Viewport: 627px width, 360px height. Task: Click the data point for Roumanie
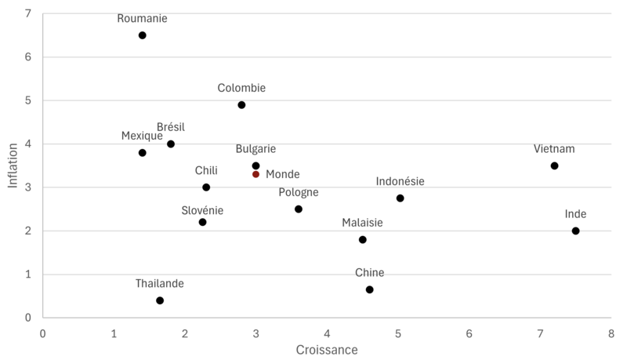(x=142, y=35)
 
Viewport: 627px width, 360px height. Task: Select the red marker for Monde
(x=256, y=174)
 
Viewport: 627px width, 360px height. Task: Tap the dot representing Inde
(x=575, y=231)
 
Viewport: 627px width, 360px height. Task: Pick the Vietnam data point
(x=554, y=165)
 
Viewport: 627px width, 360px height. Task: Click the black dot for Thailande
(x=160, y=300)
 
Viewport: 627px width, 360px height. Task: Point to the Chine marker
(x=369, y=289)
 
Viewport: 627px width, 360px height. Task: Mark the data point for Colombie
(x=241, y=105)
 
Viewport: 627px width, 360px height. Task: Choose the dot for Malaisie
(x=362, y=240)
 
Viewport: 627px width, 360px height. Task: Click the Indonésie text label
(x=400, y=181)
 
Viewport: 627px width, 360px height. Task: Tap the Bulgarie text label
(x=256, y=149)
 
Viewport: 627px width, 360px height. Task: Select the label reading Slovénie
(x=202, y=210)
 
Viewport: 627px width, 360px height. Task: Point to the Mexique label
(x=142, y=136)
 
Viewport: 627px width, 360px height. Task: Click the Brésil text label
(x=171, y=127)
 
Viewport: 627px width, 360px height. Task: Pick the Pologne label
(x=299, y=192)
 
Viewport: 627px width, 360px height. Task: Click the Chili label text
(x=206, y=170)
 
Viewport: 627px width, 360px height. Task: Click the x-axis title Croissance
(x=327, y=349)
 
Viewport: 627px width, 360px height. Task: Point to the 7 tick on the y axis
(x=28, y=14)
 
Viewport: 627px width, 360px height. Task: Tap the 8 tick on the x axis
(x=611, y=333)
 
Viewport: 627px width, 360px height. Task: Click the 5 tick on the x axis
(x=397, y=333)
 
